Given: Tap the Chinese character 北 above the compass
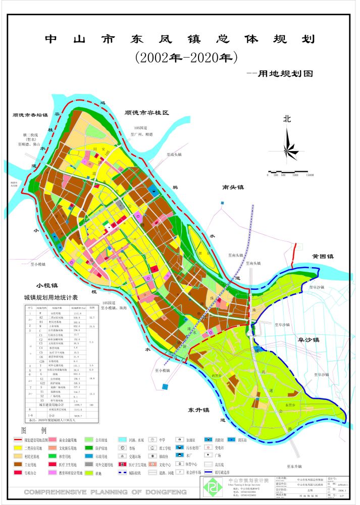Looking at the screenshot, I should click(287, 120).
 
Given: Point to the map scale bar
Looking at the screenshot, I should click(290, 172).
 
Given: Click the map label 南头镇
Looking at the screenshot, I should click(233, 187).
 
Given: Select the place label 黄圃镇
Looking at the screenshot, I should click(323, 257).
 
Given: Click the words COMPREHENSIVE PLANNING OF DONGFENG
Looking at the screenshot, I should click(105, 492).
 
